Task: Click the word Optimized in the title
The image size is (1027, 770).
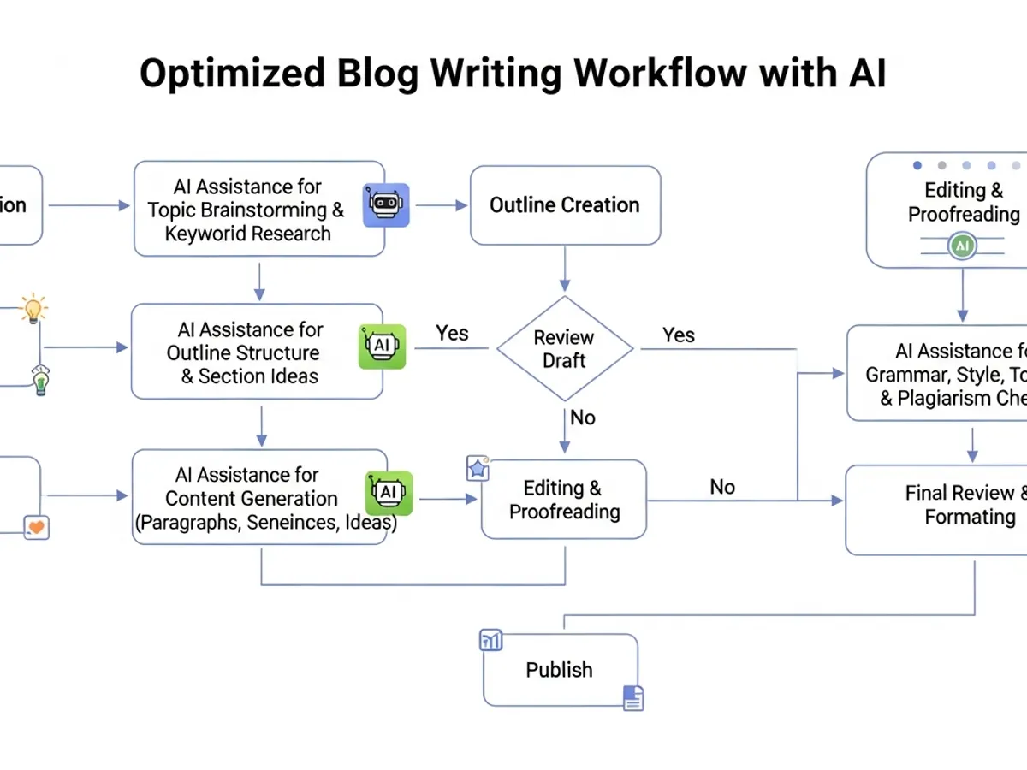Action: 232,74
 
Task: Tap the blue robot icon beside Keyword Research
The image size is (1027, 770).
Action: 386,205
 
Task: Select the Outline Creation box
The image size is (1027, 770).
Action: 565,205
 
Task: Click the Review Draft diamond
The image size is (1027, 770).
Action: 565,349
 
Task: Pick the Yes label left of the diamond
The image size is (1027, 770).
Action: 452,333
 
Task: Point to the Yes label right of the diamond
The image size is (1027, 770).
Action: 679,335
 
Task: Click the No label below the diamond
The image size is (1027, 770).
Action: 583,418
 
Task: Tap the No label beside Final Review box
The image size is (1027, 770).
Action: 722,487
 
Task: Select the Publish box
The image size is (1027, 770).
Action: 560,670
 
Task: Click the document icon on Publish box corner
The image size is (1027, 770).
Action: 632,698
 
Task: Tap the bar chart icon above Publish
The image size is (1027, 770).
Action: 491,640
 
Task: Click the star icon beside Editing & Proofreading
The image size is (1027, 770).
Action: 477,468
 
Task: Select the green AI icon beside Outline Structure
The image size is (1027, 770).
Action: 382,346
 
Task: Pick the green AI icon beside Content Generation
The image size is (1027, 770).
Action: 389,492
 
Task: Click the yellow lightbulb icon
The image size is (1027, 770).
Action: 33,309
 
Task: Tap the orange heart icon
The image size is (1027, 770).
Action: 36,527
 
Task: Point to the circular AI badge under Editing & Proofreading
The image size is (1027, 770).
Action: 963,246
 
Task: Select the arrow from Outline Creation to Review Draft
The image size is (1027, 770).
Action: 565,269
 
